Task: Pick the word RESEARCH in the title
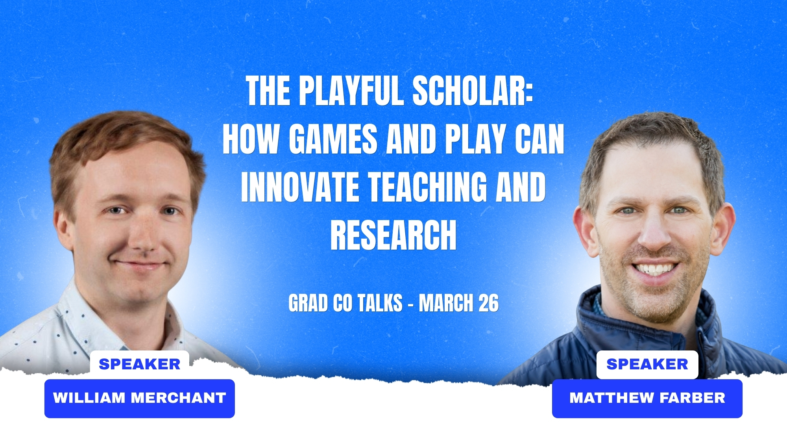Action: pos(393,235)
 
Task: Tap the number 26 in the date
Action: pos(488,303)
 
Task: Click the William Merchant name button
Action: pos(140,399)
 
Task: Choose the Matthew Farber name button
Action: pos(647,399)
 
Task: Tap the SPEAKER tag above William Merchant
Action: pos(140,364)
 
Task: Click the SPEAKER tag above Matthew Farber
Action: pos(647,364)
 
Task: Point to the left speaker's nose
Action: pos(142,236)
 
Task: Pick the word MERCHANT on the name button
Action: pos(178,398)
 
